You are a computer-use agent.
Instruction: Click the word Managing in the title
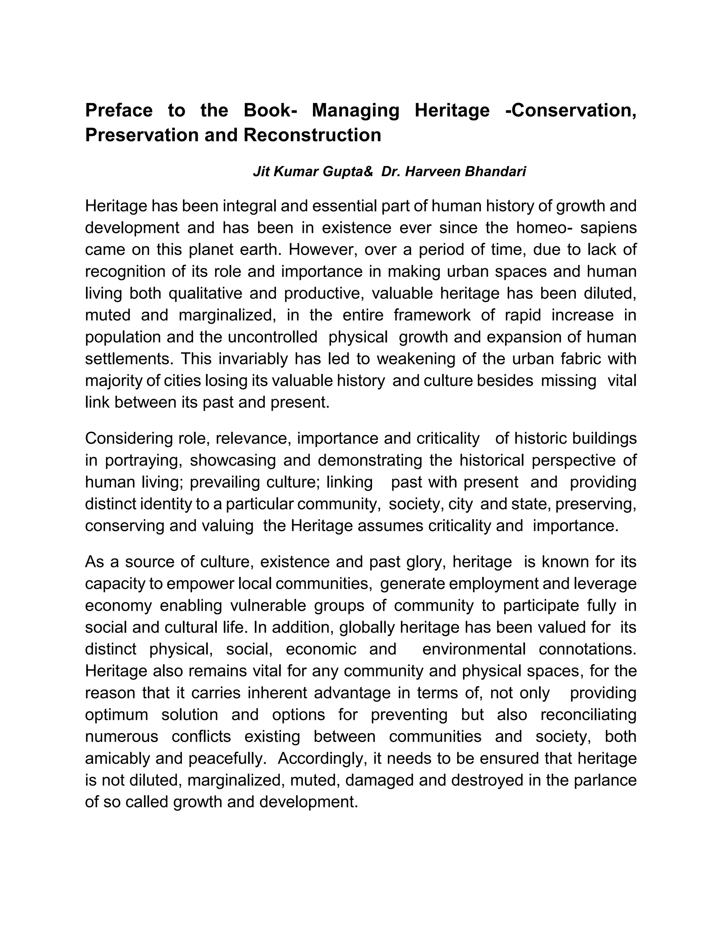(355, 110)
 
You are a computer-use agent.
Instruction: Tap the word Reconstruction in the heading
(312, 135)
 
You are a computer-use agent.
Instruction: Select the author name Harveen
(433, 172)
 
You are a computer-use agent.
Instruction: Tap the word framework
(432, 315)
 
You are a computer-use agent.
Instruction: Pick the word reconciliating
(588, 715)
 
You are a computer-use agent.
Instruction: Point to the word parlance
(605, 780)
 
